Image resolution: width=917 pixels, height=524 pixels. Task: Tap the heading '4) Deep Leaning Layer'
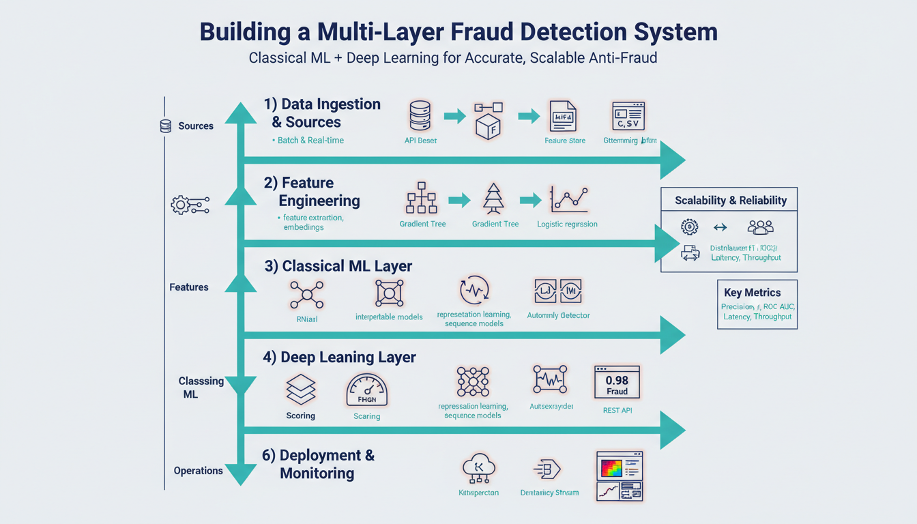point(339,357)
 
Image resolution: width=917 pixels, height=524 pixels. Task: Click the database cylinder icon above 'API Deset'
point(420,116)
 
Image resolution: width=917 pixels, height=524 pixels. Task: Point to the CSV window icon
point(628,117)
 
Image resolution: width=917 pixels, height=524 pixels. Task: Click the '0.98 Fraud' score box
point(617,382)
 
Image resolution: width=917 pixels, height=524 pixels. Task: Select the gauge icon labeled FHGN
point(366,392)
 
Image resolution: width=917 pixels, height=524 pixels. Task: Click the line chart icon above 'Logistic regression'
point(568,199)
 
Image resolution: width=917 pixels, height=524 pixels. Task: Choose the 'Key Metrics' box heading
point(752,292)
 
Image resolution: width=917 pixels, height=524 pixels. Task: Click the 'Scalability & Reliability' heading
point(731,200)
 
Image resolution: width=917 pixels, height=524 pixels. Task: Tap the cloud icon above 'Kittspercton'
point(478,469)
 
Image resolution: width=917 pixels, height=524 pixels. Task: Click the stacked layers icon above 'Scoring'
point(301,390)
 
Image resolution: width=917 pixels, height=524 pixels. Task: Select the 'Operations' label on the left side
point(198,471)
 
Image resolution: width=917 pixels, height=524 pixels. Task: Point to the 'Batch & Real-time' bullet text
point(310,140)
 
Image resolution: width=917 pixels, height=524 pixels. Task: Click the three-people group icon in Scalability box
point(760,227)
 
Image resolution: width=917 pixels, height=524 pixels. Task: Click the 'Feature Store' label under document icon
point(565,141)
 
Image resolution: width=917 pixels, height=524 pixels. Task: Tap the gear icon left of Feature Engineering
point(181,205)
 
